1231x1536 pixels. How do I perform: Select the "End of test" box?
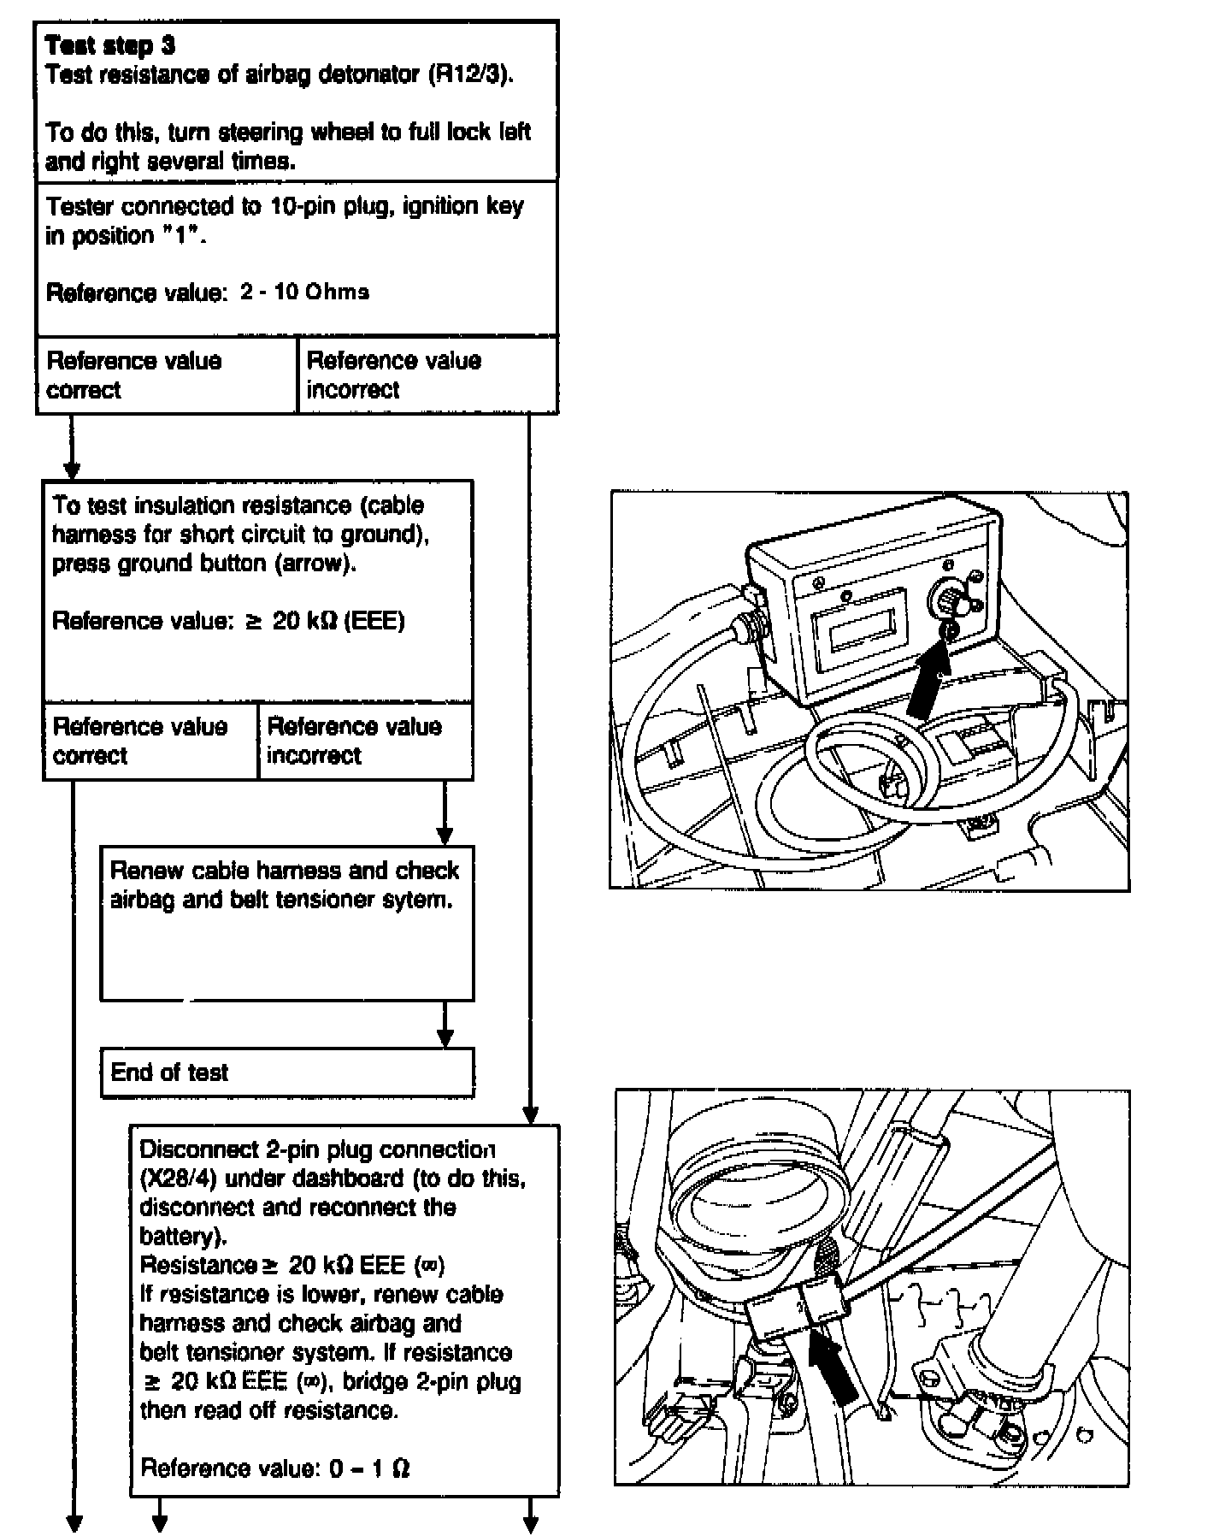[286, 1072]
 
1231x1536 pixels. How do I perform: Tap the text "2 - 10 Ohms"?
[305, 292]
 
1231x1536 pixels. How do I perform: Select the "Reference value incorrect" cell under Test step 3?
[427, 375]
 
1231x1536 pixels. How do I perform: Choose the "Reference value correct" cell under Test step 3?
[167, 375]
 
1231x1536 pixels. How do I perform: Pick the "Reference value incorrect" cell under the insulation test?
[365, 741]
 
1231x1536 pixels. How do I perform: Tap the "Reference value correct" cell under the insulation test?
[150, 741]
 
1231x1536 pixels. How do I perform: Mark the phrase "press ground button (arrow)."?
[204, 564]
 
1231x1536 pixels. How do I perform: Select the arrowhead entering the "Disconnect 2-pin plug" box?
[530, 1116]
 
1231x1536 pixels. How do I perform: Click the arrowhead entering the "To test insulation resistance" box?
[73, 471]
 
